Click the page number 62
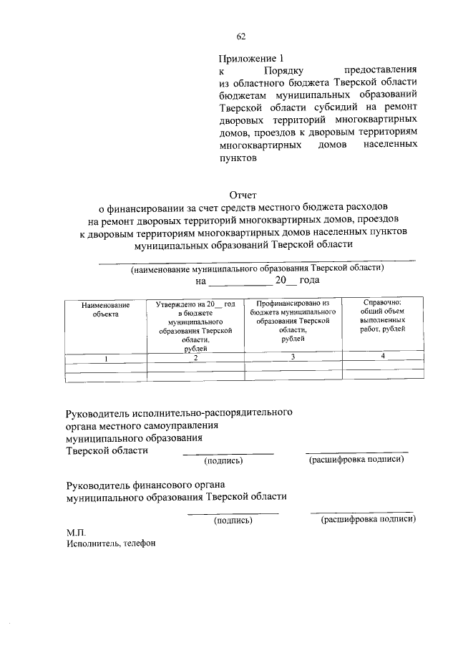pos(241,37)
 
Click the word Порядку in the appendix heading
pos(284,72)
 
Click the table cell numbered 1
pos(106,358)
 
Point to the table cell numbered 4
pos(383,357)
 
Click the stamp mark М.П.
pos(76,532)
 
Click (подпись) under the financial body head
pos(233,521)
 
